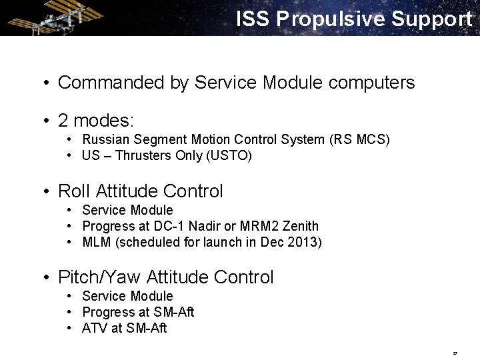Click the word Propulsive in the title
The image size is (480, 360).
(x=331, y=19)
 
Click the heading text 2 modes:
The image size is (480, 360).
(x=96, y=121)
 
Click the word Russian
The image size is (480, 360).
(x=106, y=140)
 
